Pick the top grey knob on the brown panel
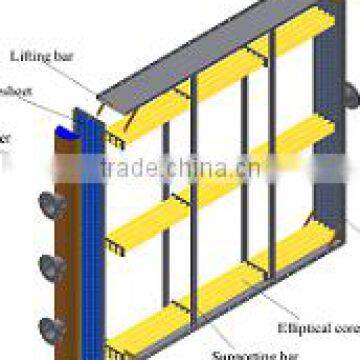pos(48,205)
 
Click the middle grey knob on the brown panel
pos(48,266)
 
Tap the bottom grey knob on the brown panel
pos(48,326)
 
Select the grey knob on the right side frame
pos(349,92)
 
